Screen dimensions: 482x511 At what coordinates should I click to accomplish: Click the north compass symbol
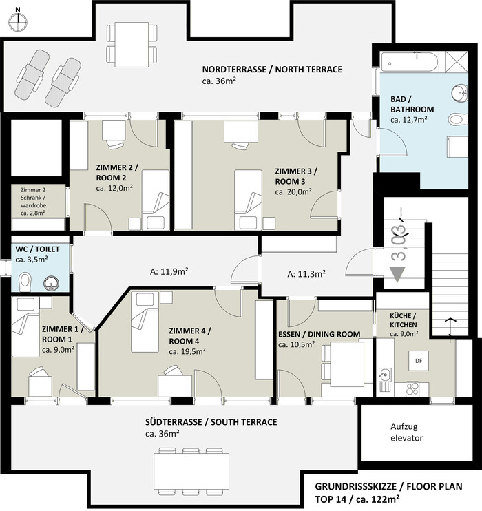coord(19,22)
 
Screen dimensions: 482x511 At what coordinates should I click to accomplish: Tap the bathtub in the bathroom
coord(409,62)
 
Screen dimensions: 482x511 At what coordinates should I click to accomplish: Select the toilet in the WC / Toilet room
coord(25,282)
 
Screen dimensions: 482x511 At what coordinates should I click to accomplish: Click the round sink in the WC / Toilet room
coord(51,283)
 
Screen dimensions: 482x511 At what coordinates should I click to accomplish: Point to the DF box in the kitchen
coord(419,360)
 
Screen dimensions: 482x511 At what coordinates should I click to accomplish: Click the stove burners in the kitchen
coord(412,388)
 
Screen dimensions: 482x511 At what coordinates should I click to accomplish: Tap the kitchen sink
coord(386,379)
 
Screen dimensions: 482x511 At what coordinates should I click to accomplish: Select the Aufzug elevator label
coord(406,432)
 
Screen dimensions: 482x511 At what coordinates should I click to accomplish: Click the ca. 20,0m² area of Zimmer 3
coord(293,191)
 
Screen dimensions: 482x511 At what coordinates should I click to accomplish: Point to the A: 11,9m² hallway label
coord(169,271)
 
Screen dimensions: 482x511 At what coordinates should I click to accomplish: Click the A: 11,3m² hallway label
coord(306,274)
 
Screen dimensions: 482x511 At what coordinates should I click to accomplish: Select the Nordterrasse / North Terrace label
coord(272,70)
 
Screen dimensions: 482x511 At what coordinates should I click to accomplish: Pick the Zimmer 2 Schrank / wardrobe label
coord(34,201)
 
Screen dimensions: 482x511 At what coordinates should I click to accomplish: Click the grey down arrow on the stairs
coord(397,274)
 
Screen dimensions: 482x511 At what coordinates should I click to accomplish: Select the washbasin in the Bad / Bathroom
coord(459,92)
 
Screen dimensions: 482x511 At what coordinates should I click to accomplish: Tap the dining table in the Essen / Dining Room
coord(347,364)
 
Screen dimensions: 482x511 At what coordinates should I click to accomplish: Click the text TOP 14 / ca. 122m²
coord(357,499)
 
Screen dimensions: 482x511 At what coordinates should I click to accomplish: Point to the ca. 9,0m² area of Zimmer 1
coord(58,350)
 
